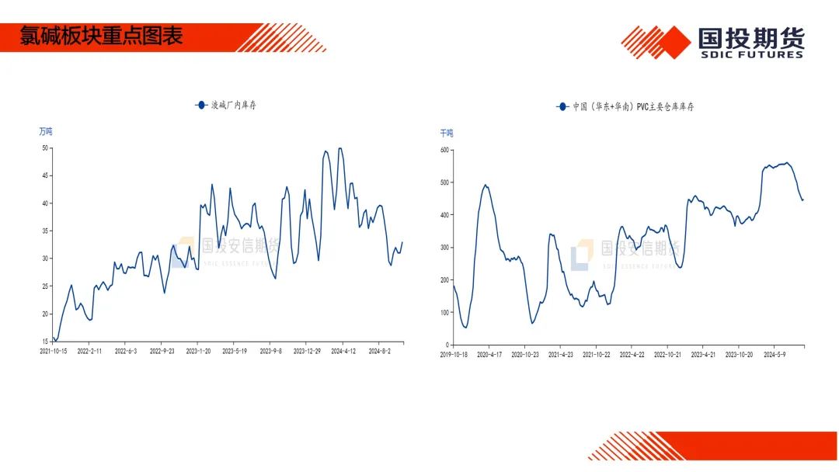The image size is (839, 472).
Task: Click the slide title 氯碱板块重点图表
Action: click(101, 36)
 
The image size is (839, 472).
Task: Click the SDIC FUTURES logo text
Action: click(750, 54)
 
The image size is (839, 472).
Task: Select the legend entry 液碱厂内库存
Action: click(232, 105)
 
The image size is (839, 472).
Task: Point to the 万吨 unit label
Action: click(46, 132)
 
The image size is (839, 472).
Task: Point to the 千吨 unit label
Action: click(447, 134)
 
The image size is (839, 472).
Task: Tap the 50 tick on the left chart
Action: click(45, 147)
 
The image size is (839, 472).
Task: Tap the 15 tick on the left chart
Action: click(45, 342)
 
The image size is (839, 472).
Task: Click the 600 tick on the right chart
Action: click(444, 150)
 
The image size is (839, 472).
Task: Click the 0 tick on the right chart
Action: click(447, 345)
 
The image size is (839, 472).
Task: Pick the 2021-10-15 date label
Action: click(54, 352)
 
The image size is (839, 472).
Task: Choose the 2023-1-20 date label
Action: click(198, 352)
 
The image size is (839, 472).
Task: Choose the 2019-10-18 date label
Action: click(454, 355)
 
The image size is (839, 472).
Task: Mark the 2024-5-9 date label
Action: click(775, 355)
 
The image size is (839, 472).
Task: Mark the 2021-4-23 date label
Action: click(561, 355)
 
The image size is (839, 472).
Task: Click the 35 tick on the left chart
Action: click(45, 231)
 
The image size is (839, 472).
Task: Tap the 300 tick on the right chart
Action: click(444, 248)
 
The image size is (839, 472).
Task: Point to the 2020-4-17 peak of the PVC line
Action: click(486, 185)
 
